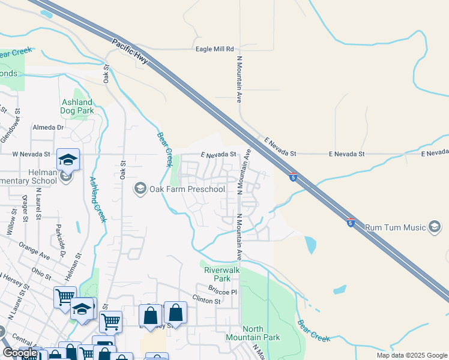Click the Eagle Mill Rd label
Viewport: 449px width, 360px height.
(212, 49)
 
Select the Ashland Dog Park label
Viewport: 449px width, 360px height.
(77, 107)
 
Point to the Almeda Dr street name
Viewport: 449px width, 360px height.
(48, 127)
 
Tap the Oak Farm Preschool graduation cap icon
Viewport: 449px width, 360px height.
(140, 189)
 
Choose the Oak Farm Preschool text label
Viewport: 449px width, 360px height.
(187, 190)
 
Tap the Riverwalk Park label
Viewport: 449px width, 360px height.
(222, 274)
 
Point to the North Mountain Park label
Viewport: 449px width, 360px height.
(261, 333)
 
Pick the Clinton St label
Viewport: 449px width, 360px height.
(207, 301)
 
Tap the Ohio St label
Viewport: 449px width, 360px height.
(41, 270)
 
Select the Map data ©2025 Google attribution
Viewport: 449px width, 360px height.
(412, 356)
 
